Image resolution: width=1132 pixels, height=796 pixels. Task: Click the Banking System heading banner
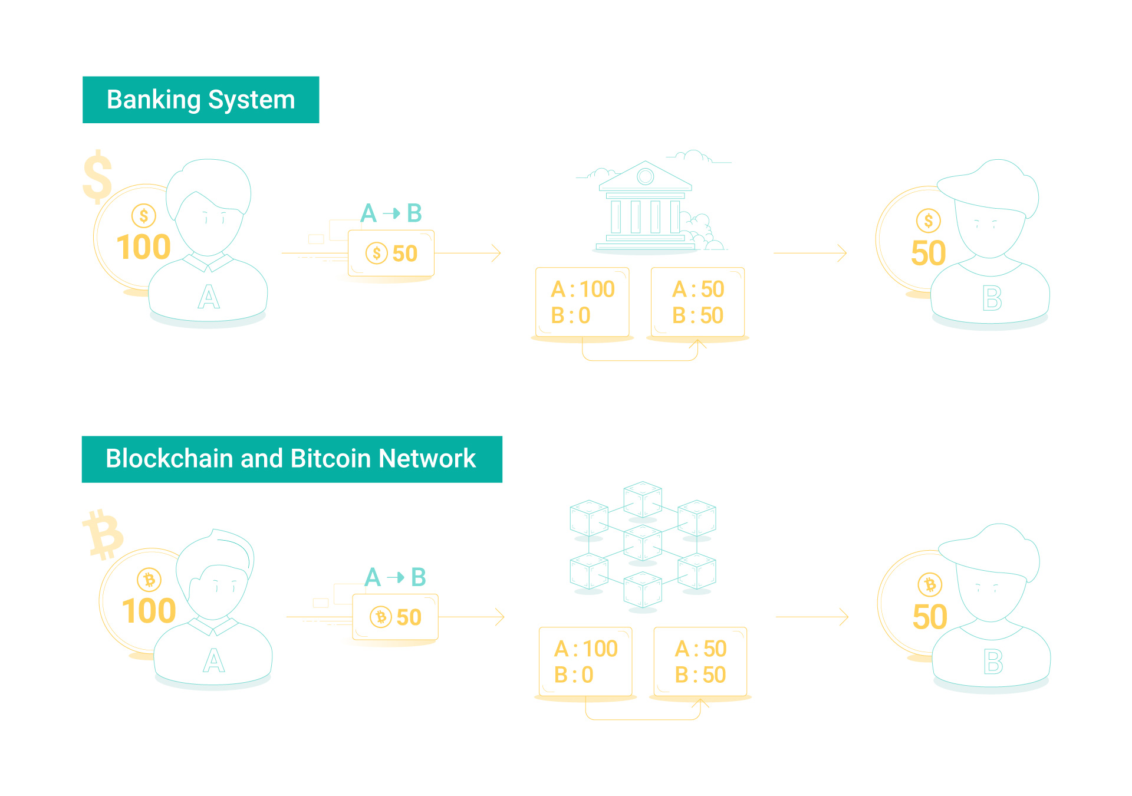tap(200, 100)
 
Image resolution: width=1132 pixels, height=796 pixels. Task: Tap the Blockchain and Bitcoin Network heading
tap(292, 459)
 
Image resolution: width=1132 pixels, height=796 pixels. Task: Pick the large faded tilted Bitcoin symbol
tap(103, 534)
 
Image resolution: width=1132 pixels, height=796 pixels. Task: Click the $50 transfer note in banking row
tap(391, 253)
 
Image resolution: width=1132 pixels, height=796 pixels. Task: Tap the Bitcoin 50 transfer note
tap(395, 617)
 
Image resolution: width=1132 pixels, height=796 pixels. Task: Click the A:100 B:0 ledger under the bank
tap(583, 302)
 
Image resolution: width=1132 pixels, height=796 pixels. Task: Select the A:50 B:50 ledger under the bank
tap(697, 302)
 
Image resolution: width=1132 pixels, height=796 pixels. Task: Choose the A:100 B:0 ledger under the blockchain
tap(585, 661)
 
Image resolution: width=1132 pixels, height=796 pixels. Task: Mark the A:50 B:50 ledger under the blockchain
tap(700, 661)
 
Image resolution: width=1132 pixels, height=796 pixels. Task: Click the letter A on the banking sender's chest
tap(209, 297)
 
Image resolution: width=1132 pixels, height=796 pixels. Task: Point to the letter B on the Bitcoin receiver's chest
tap(993, 662)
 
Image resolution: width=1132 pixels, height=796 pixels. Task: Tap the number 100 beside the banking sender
tap(143, 246)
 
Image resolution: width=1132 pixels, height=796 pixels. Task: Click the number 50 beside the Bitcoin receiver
tap(930, 617)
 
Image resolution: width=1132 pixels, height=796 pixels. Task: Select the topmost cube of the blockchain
tap(643, 499)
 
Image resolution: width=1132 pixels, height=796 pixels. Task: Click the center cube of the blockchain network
tap(643, 543)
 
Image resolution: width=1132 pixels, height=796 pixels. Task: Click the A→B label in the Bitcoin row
tap(395, 577)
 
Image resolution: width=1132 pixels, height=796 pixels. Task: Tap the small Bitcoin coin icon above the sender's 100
tap(149, 580)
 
